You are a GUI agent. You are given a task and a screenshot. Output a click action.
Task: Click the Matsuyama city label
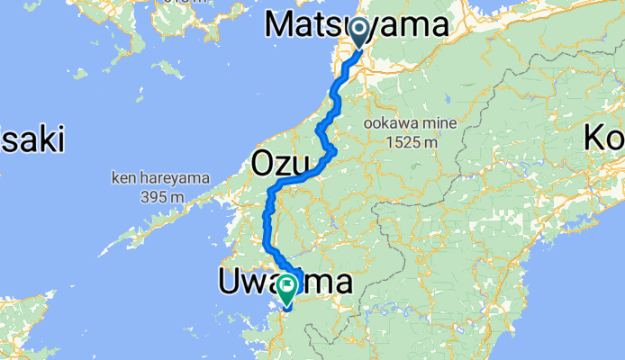tap(357, 27)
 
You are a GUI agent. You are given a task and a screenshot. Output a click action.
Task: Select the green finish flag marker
tap(287, 289)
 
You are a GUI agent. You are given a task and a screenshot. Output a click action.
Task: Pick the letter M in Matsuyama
tap(282, 27)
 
